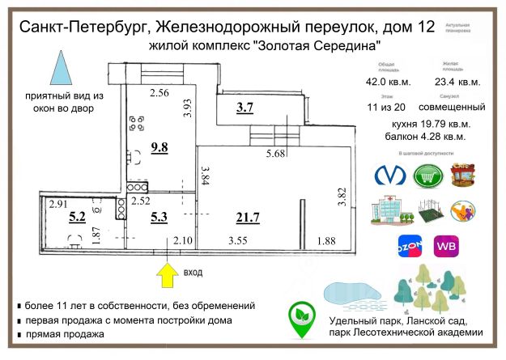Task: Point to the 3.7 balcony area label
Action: pos(244,108)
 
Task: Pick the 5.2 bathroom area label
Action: pos(78,216)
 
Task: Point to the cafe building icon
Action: pos(462,175)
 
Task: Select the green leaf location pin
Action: pos(303,320)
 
